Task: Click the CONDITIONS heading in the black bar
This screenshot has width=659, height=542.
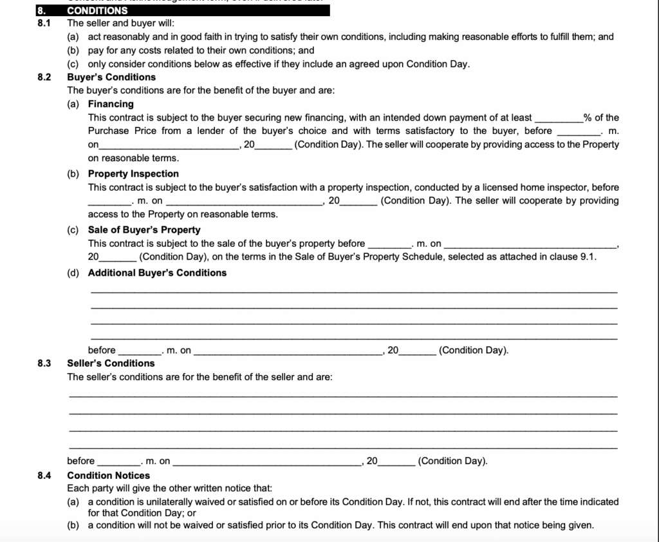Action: [97, 10]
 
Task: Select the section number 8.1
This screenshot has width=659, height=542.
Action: [44, 23]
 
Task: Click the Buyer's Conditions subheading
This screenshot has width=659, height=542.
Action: [111, 77]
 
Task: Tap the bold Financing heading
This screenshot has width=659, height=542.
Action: [111, 104]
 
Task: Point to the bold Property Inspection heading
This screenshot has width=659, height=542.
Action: [133, 173]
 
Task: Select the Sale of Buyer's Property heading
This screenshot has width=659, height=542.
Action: [144, 229]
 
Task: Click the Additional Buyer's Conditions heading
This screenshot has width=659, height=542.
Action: [157, 273]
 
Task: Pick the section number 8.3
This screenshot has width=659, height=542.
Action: [44, 363]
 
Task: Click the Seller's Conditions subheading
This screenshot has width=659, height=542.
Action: [111, 363]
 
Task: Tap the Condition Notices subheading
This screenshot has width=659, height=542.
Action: [109, 476]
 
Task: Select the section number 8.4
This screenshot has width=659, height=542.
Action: [44, 476]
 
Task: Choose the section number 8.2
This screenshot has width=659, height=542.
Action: [44, 77]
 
